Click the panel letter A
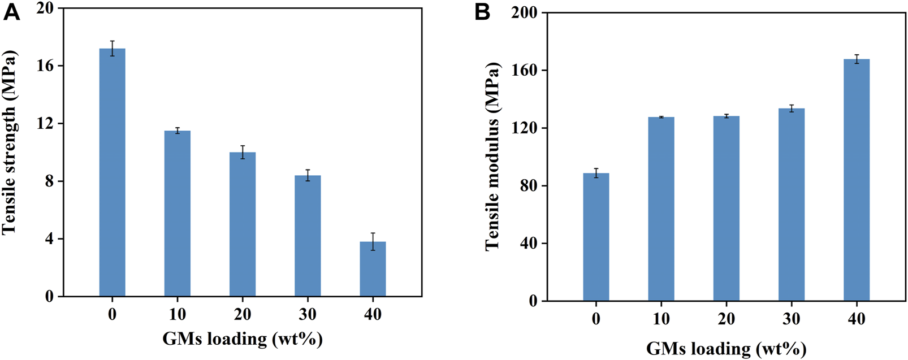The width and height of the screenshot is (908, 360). tap(11, 12)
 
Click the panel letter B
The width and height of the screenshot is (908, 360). tap(482, 12)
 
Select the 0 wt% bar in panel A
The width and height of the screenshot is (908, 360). tap(112, 172)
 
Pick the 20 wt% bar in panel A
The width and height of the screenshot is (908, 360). tap(243, 224)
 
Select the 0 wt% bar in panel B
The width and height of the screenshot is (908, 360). tap(596, 237)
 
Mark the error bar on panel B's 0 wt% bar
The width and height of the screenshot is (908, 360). tap(596, 173)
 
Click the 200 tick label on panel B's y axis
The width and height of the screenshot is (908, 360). tap(525, 12)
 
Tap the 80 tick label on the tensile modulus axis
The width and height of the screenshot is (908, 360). tap(529, 186)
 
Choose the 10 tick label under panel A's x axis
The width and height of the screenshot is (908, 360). tap(177, 314)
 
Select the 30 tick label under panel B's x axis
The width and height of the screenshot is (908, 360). tap(792, 319)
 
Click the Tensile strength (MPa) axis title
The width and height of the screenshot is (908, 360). tap(10, 142)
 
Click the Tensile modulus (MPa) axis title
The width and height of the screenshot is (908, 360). tap(493, 157)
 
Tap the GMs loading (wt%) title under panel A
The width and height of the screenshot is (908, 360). tap(243, 339)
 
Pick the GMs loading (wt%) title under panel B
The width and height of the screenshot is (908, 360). tap(726, 348)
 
